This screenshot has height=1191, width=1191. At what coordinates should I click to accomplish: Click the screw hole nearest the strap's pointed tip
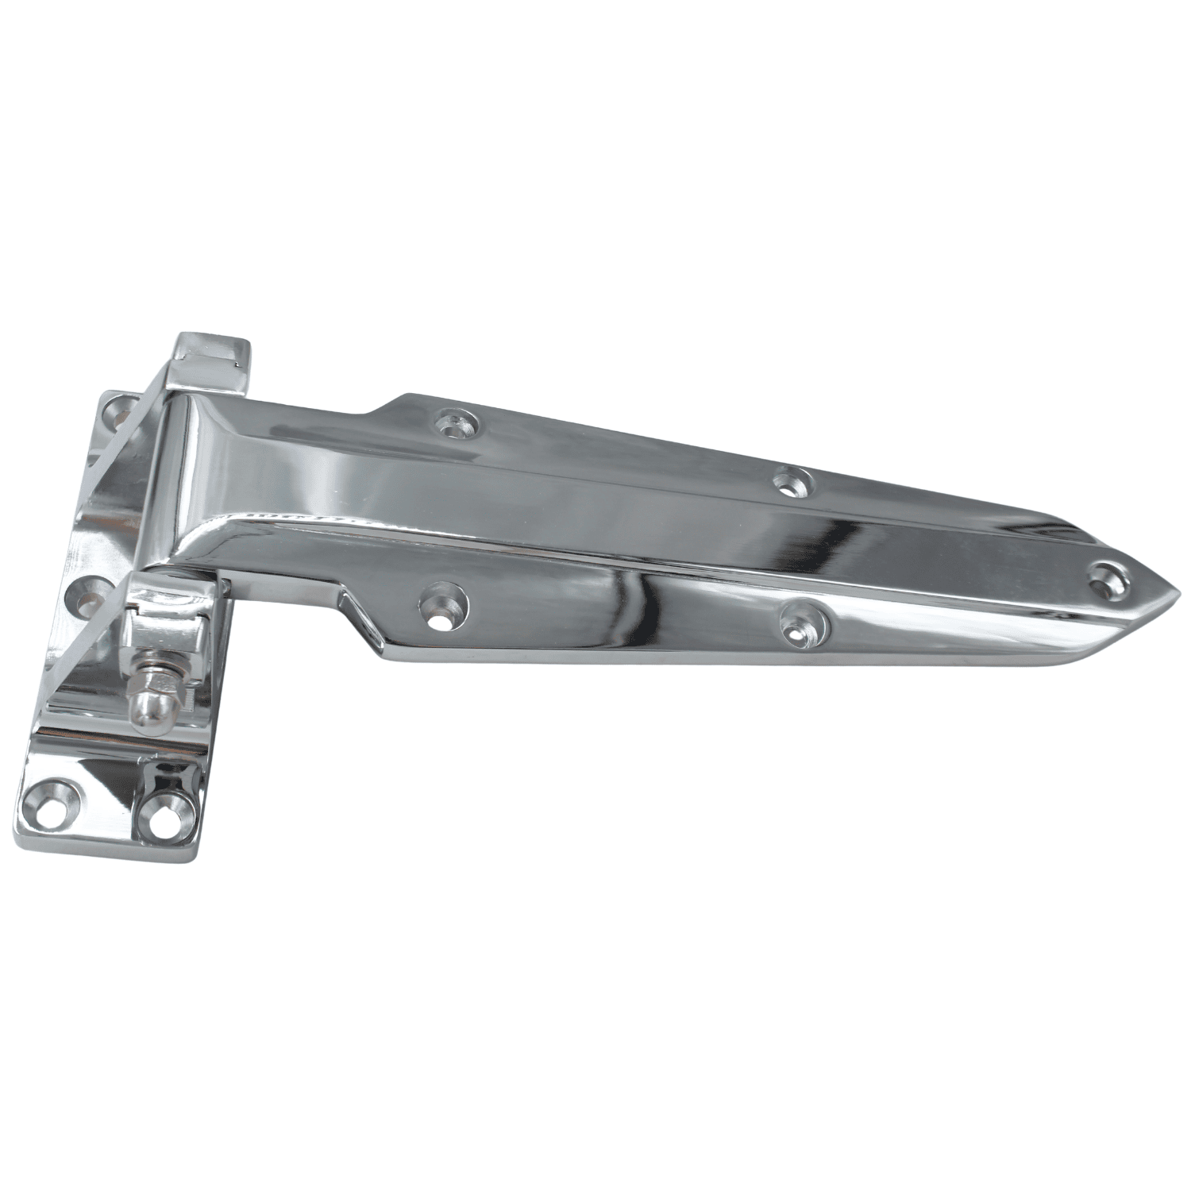[1106, 577]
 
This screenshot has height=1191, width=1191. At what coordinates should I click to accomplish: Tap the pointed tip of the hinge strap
[1178, 592]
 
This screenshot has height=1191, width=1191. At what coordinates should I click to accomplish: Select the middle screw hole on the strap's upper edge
[792, 480]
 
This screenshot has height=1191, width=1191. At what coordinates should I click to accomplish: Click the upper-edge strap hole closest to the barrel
[458, 425]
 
